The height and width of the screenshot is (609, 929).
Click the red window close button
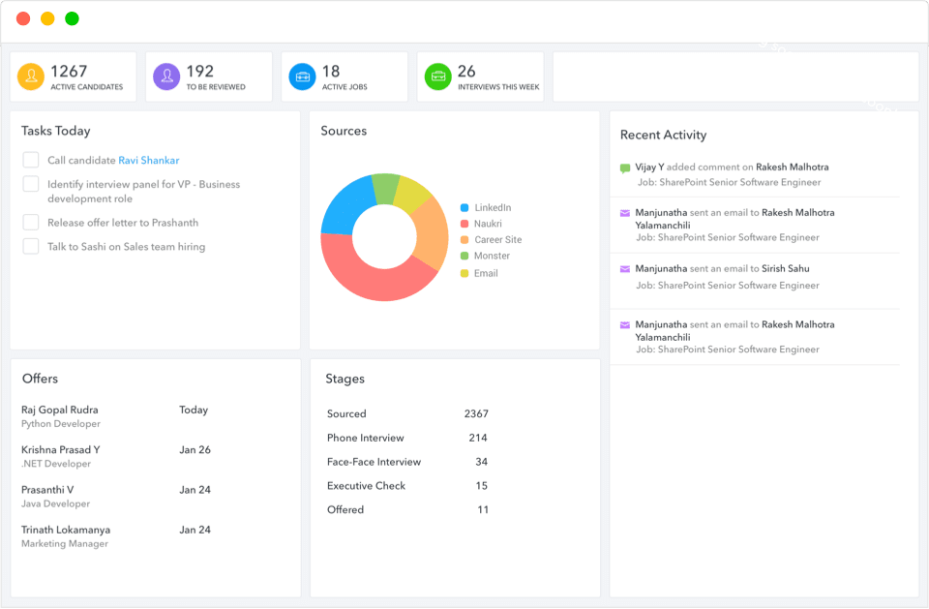coord(23,18)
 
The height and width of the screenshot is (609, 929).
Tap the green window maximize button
coord(72,18)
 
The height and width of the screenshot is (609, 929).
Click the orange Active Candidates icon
coord(31,77)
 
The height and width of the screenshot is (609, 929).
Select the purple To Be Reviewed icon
coord(166,77)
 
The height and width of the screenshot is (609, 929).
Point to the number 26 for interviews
coord(466,71)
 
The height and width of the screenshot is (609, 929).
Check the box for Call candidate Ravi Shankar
coord(31,160)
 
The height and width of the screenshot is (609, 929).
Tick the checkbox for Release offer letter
coord(31,222)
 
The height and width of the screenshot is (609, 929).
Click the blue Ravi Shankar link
coord(148,161)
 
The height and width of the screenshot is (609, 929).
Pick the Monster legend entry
coord(491,256)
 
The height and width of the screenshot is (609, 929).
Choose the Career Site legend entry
coord(496,239)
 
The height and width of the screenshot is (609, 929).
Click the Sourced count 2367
coord(476,413)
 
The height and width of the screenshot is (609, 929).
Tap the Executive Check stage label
coord(366,486)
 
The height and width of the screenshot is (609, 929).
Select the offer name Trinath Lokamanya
coord(66,530)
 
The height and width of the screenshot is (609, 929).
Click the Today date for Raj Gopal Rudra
coord(194,410)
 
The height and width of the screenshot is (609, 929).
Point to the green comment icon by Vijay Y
coord(625,167)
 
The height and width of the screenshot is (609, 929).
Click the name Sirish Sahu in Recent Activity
coord(785,268)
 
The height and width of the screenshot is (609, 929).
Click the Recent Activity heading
coord(663,135)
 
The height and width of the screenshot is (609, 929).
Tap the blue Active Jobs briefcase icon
coord(302,77)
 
